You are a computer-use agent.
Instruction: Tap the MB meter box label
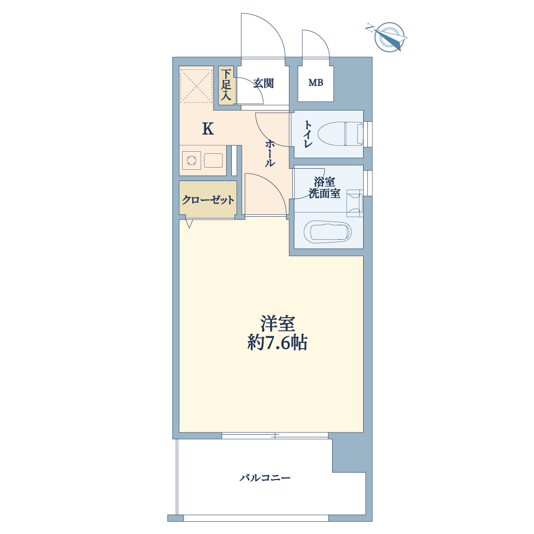(x=316, y=82)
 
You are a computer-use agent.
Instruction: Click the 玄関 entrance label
(x=264, y=83)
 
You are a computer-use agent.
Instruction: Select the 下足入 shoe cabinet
(x=226, y=85)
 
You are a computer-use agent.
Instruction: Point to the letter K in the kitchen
(x=208, y=129)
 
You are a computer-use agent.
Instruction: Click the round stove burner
(x=191, y=160)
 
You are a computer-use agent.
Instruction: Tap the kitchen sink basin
(x=214, y=160)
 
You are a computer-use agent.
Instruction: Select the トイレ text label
(x=308, y=134)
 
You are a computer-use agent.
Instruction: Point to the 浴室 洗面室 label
(x=324, y=187)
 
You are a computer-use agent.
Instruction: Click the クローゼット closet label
(x=208, y=200)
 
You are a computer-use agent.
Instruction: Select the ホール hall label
(x=270, y=153)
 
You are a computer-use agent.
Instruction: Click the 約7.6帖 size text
(x=277, y=343)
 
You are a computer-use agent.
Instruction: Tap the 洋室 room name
(x=278, y=324)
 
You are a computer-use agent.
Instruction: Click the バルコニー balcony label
(x=265, y=478)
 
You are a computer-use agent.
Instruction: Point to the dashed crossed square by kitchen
(x=196, y=86)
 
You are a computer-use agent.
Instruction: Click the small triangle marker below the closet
(x=190, y=224)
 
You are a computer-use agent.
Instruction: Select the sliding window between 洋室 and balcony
(x=275, y=436)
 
